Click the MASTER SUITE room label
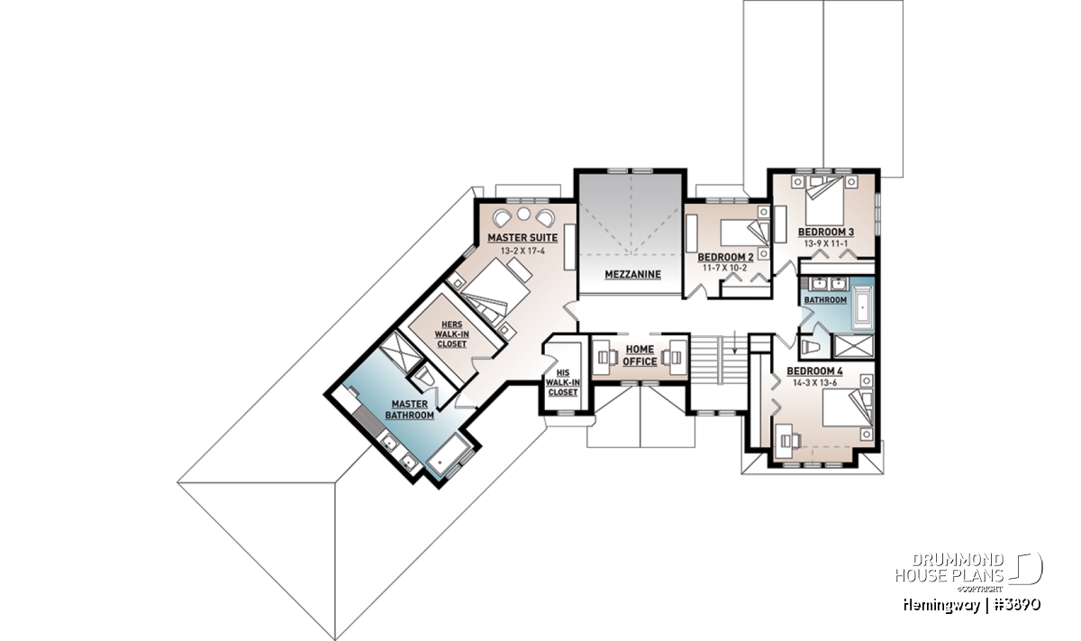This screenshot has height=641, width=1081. tap(522, 238)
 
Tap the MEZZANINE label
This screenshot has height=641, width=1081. tap(632, 274)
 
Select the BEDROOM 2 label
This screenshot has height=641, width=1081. tap(725, 257)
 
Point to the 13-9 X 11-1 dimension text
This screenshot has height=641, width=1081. tap(826, 243)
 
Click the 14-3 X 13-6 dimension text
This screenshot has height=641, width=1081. tap(814, 383)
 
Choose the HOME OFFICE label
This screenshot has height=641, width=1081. tap(640, 355)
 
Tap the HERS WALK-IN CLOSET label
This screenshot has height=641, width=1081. tap(451, 334)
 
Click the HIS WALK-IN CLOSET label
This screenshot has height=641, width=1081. tap(563, 382)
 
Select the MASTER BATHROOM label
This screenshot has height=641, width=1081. tap(409, 409)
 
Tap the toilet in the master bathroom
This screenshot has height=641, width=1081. tap(425, 376)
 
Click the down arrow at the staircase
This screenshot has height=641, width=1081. tap(734, 342)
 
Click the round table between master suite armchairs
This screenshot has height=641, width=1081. tap(523, 214)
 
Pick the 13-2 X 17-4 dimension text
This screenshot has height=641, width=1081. tap(522, 251)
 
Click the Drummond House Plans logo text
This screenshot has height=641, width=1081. tap(949, 568)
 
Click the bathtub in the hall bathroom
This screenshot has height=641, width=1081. tap(862, 307)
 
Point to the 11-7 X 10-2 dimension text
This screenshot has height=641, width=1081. tap(725, 268)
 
